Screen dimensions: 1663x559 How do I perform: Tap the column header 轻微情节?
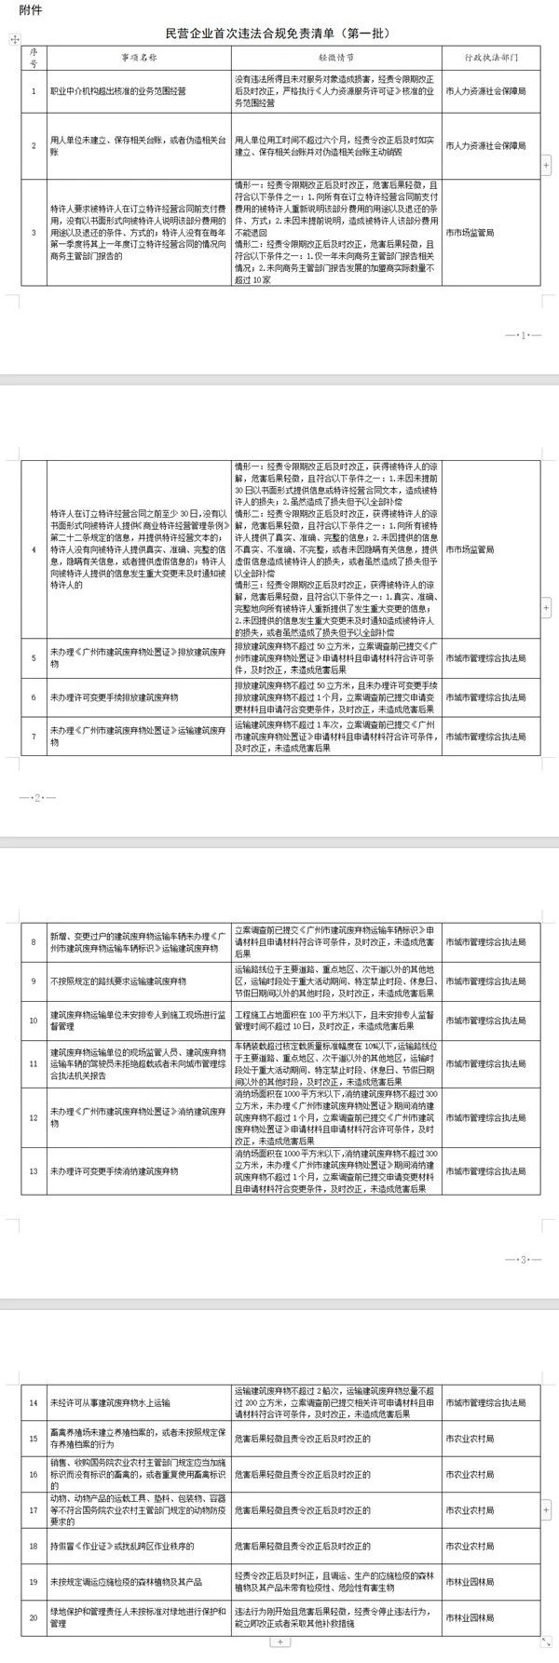(x=336, y=55)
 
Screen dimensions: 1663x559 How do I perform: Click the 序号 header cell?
(x=34, y=55)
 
